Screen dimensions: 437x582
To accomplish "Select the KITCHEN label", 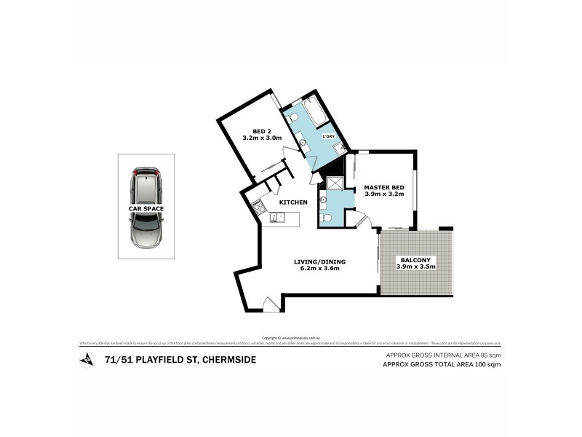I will point(293,202).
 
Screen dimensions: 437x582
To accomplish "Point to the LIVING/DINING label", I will point(319,261).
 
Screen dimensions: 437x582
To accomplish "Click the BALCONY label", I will point(415,260).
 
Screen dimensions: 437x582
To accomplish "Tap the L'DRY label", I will point(328,136).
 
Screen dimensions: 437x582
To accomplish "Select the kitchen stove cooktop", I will point(258,207).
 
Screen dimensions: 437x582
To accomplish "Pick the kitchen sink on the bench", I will point(276,216).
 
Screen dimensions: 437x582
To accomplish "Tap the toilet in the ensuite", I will point(327,218).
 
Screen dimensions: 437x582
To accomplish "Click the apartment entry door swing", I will point(271,304).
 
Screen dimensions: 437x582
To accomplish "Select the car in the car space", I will point(146,208).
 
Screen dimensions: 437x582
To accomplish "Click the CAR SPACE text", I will point(146,208).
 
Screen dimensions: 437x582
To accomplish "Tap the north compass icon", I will point(87,359).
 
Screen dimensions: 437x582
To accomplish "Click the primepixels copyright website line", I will point(290,337).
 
